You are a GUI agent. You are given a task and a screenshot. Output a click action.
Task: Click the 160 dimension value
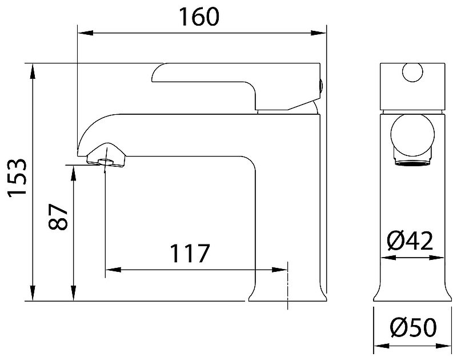click(199, 17)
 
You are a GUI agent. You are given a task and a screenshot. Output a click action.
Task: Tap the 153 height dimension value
click(18, 178)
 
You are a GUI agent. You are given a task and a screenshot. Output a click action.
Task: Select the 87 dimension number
click(58, 217)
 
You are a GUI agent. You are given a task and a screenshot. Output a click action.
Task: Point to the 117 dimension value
click(190, 254)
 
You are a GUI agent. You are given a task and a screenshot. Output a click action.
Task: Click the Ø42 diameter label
click(410, 240)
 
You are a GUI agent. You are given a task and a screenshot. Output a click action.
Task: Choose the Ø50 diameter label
click(413, 327)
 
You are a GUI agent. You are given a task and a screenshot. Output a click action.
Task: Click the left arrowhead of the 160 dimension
click(86, 33)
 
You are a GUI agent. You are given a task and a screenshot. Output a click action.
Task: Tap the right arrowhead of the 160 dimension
click(318, 33)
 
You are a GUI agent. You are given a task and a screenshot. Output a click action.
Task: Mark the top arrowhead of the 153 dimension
click(33, 71)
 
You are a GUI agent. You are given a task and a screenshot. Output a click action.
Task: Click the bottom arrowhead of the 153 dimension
click(33, 293)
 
